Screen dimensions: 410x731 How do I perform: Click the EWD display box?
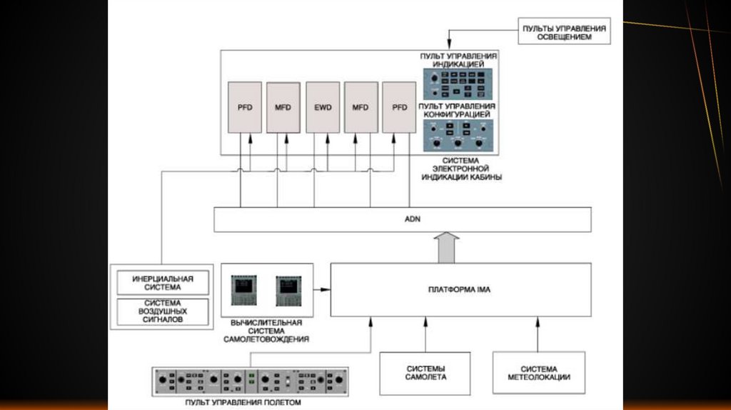(x=322, y=107)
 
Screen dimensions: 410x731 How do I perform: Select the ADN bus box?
(x=403, y=219)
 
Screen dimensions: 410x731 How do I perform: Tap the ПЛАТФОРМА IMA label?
(x=460, y=289)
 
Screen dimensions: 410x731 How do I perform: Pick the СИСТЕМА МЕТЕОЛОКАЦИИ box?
(x=539, y=372)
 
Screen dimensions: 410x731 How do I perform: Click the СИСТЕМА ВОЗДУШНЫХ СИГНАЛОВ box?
(x=162, y=311)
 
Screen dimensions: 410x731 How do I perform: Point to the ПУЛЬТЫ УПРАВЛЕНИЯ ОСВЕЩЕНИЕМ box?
(x=564, y=31)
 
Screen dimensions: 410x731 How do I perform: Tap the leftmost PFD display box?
(x=245, y=107)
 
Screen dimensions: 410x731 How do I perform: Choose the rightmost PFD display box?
(x=399, y=107)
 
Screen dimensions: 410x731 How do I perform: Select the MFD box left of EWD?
(x=283, y=107)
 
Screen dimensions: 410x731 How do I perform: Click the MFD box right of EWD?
(x=361, y=107)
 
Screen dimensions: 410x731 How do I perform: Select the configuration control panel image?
(x=458, y=136)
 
